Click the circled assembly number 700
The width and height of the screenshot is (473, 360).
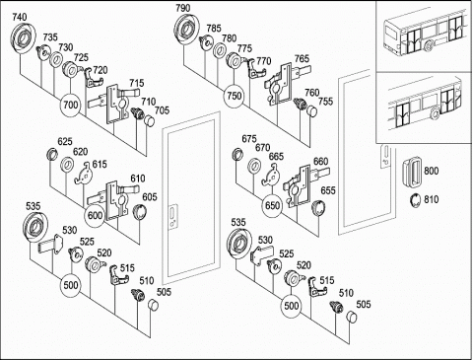coord(70,106)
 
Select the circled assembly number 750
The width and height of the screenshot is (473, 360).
coord(235,96)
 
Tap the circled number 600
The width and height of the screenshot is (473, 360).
coord(95,216)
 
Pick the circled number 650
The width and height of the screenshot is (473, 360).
coord(272,206)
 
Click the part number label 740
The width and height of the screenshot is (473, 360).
coord(20,17)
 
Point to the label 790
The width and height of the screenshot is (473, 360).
coord(183,8)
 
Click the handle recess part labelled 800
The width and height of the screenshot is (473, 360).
coord(412,173)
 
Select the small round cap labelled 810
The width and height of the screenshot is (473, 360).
coord(416,200)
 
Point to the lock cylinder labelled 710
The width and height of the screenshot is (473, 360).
coord(137,112)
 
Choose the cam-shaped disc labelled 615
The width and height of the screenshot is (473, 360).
coord(84,173)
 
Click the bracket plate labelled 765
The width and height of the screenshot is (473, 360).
coord(285,84)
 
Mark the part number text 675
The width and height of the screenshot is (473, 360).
coord(249,139)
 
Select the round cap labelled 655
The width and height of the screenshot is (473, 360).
coord(318,207)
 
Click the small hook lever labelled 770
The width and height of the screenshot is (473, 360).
coord(255,69)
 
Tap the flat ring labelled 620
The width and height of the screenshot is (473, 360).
coord(68,164)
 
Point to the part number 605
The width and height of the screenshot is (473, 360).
coord(150,197)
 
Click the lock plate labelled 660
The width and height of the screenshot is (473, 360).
coord(304,185)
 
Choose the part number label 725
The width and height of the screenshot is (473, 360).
coord(81,57)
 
